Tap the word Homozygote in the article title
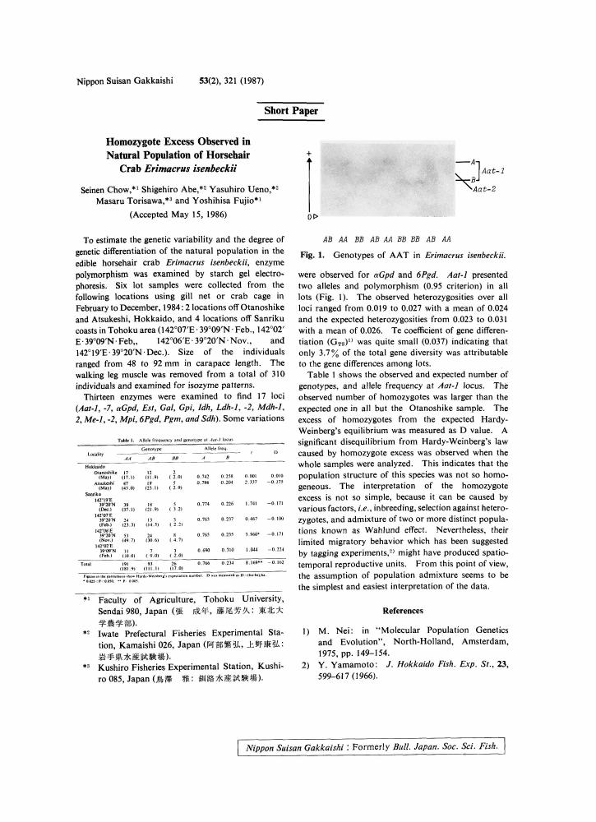click(x=134, y=141)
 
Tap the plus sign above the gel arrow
click(x=308, y=154)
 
